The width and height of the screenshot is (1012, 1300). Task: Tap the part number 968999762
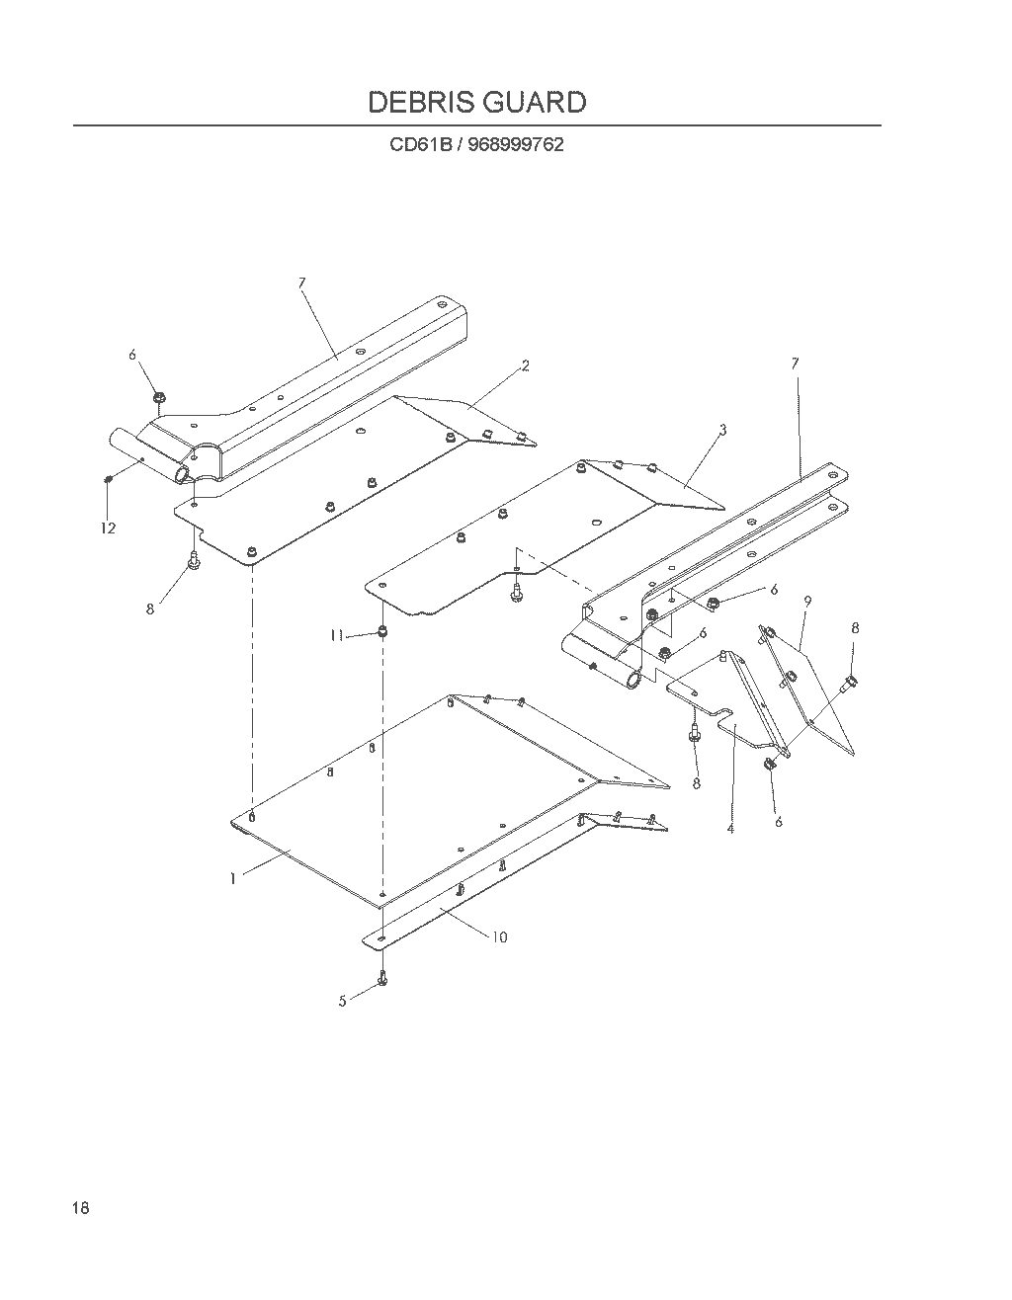tap(516, 145)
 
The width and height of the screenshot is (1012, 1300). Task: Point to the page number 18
tap(80, 1208)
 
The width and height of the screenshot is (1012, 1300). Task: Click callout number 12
tap(109, 528)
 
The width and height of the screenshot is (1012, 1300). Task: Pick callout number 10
tap(500, 937)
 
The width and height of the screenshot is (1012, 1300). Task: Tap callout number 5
tap(342, 1002)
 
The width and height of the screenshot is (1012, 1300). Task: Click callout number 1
tap(233, 879)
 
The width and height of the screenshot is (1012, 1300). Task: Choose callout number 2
tap(526, 366)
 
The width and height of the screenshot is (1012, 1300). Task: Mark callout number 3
tap(723, 430)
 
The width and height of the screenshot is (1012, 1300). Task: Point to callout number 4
tap(730, 829)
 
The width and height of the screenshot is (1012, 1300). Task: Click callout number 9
tap(807, 602)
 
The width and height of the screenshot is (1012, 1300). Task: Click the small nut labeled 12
tap(109, 478)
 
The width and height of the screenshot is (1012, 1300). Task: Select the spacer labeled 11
tap(383, 630)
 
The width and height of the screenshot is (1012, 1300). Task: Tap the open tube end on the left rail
tap(181, 475)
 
